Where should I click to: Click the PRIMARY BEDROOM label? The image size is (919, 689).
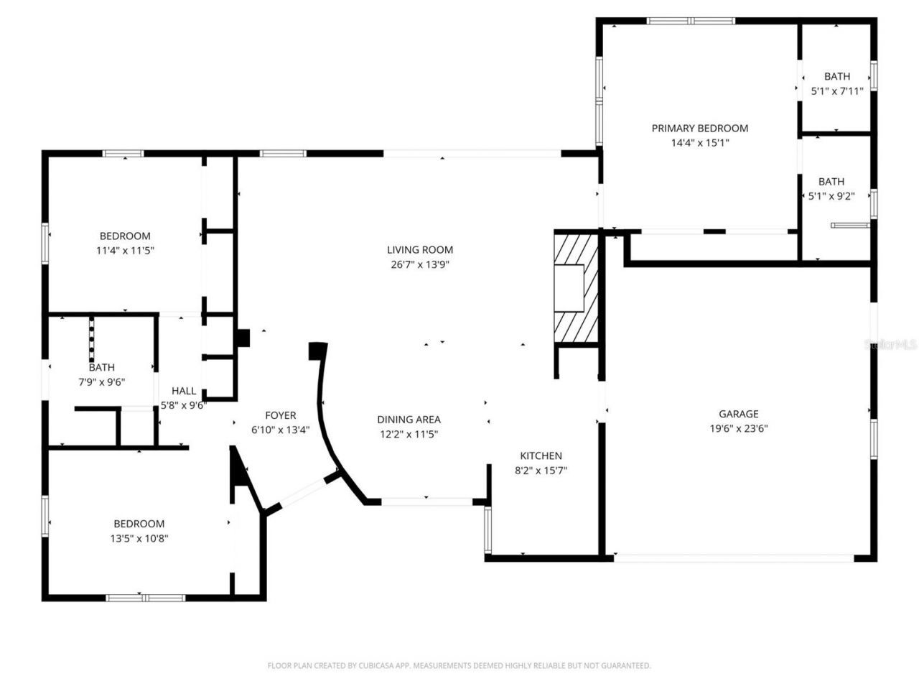[699, 128]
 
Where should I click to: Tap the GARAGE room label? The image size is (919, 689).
[738, 414]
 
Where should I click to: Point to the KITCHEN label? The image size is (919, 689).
[541, 456]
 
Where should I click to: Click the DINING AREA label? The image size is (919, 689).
[409, 420]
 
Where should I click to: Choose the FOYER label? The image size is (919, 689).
[280, 415]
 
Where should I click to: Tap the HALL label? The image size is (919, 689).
[184, 391]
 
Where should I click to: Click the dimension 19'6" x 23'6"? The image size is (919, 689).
[739, 429]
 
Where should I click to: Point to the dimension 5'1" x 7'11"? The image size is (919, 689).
[836, 91]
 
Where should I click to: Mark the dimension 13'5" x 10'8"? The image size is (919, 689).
[139, 538]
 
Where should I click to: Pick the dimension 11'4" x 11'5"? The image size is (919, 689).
[125, 251]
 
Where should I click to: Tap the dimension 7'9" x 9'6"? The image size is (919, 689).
[101, 382]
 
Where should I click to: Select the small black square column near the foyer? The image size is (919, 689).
[243, 338]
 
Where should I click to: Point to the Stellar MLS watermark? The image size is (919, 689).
[890, 345]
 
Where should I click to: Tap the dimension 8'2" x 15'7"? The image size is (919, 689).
[541, 471]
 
